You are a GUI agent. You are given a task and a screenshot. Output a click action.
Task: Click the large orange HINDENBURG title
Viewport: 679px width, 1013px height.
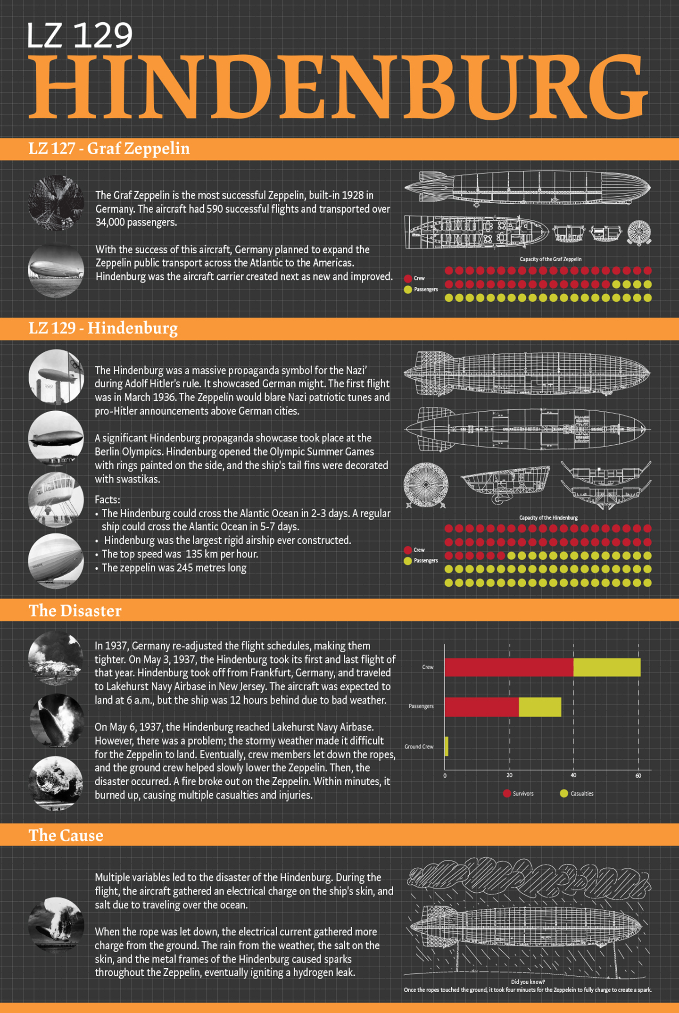(339, 87)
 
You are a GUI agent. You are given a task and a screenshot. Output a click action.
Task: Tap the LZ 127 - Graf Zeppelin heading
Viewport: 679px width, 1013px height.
(109, 149)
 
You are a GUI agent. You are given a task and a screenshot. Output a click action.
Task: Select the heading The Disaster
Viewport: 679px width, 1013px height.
(75, 611)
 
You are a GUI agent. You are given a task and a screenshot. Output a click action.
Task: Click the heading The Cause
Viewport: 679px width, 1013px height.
(66, 835)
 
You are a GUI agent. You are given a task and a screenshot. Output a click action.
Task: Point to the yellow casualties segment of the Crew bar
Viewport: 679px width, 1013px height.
(607, 667)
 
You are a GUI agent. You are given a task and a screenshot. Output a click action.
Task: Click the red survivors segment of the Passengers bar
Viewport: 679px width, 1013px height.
(481, 707)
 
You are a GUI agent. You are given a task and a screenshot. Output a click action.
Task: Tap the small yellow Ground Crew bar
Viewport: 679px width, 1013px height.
(447, 747)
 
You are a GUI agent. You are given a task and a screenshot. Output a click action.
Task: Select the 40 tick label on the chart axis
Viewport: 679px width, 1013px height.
(573, 775)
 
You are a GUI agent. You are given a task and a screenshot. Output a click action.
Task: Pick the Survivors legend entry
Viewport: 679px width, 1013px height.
(518, 794)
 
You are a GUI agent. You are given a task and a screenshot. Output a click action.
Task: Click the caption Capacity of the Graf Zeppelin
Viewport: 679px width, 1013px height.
(550, 259)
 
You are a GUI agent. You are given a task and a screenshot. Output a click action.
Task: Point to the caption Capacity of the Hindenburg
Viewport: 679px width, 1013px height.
(548, 517)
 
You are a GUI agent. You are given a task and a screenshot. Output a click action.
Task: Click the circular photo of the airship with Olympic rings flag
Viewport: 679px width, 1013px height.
(56, 376)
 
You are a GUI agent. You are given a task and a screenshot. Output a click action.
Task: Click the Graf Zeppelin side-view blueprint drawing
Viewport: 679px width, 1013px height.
(527, 188)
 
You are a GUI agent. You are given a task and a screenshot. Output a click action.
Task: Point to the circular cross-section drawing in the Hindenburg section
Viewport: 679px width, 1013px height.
(425, 485)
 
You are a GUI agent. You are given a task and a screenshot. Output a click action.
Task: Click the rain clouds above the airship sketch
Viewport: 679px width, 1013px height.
(529, 877)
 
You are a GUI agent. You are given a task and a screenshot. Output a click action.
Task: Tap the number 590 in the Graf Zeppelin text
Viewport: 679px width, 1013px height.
(215, 209)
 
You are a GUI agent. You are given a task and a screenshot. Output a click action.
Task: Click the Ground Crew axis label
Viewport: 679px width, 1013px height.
(419, 747)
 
